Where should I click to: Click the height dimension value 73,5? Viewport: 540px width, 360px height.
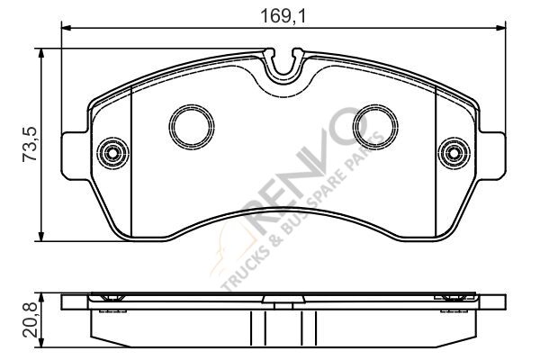(x=29, y=145)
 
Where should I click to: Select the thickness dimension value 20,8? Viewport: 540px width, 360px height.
(x=29, y=316)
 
